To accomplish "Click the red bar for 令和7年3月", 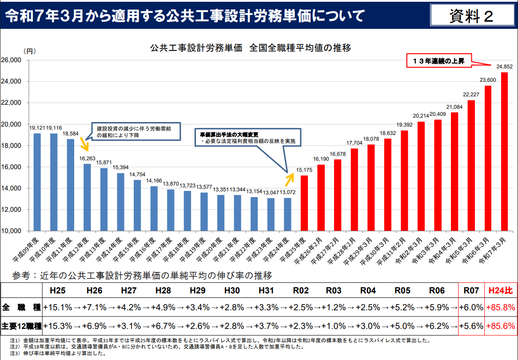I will pyautogui.click(x=504, y=151).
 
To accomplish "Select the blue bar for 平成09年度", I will pyautogui.click(x=37, y=182).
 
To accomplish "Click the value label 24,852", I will pyautogui.click(x=504, y=67).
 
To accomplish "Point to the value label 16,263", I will pyautogui.click(x=87, y=158).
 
